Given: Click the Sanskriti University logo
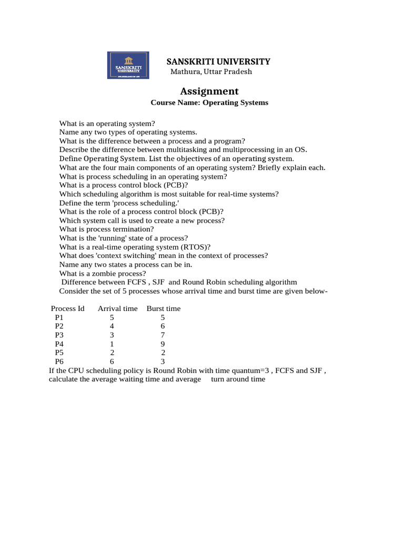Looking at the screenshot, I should tap(128, 65).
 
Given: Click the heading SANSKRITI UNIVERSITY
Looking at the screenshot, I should tap(218, 61).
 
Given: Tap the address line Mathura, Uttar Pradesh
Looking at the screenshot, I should tap(211, 71).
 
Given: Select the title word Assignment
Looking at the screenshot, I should tap(209, 91).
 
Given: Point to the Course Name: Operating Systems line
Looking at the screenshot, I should tap(209, 102).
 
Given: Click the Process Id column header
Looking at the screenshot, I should tap(67, 308).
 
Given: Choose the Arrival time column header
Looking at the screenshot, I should tap(117, 308).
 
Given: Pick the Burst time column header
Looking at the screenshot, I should tap(163, 308).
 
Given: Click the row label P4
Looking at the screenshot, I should tap(59, 344).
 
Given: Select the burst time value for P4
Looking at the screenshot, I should tap(163, 344).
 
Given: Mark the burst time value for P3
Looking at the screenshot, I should tap(163, 335).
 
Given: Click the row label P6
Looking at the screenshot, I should tap(59, 361).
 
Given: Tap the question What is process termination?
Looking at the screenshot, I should tap(107, 229).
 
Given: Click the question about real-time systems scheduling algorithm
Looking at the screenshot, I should tap(169, 194).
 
